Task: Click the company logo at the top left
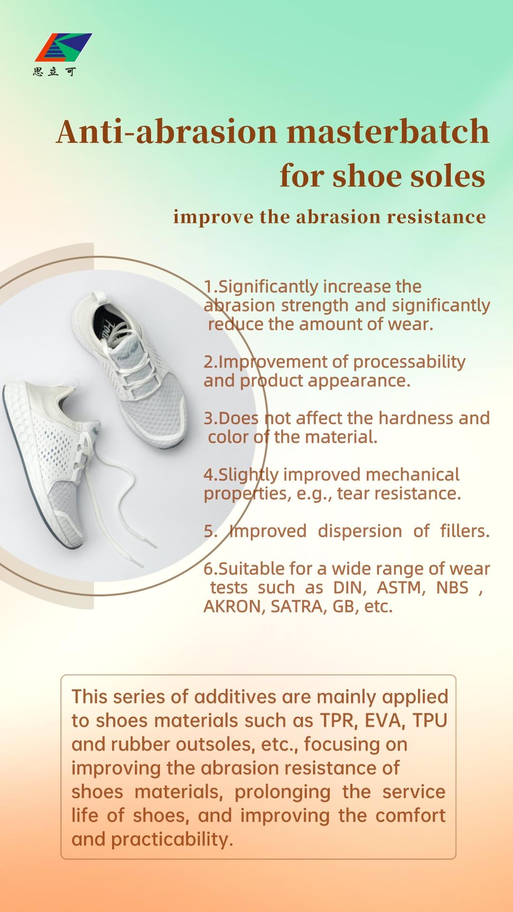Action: coord(64,47)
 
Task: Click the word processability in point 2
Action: coord(409,362)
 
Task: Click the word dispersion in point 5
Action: coord(360,532)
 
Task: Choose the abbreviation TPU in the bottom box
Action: coord(430,721)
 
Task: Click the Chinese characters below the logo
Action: coord(54,72)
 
